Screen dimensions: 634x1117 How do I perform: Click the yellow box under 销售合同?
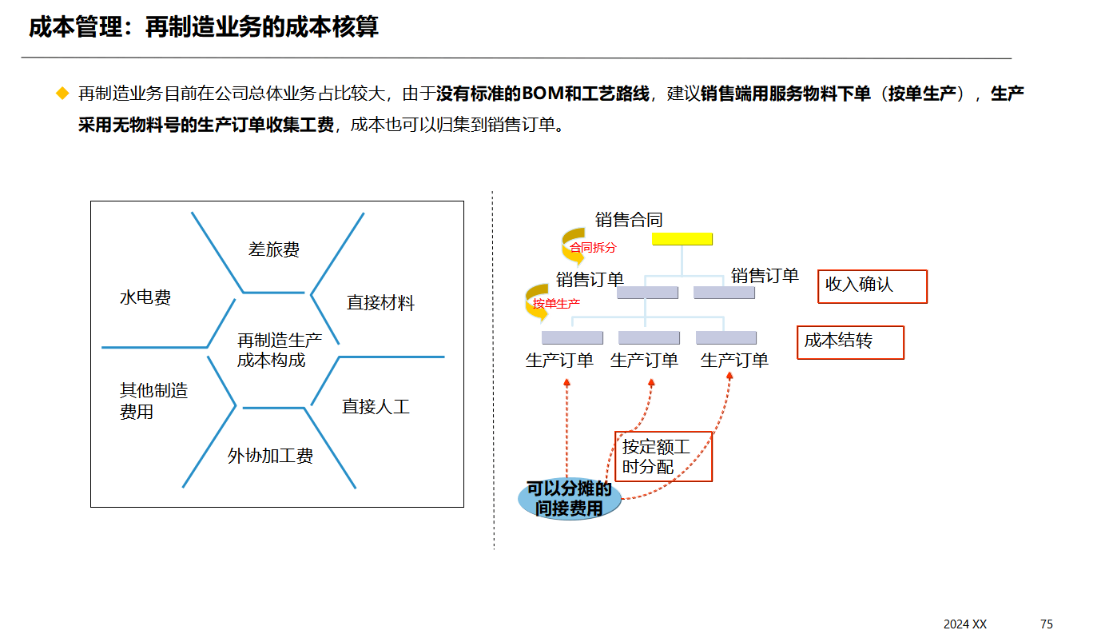682,239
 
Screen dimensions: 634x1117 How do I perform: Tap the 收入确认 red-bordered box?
872,286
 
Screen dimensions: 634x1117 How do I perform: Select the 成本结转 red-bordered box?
850,342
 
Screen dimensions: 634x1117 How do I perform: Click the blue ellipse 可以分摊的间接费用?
569,499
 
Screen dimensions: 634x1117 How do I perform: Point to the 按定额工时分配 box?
662,457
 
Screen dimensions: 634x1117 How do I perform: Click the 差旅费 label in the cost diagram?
273,250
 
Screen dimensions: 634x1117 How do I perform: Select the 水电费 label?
145,298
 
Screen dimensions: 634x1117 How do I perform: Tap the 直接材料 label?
380,303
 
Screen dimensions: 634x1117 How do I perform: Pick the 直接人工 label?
376,407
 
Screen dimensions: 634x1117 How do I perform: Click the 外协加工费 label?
270,457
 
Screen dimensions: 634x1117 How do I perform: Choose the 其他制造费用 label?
153,401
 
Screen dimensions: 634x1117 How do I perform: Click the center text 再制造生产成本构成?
279,350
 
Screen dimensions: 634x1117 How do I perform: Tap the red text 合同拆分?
593,248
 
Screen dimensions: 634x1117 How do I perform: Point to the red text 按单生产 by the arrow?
556,304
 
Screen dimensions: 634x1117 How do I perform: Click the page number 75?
1046,624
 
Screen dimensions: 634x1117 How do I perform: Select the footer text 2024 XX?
964,624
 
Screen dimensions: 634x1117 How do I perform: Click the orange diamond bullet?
62,94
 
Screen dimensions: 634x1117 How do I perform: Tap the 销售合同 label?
629,220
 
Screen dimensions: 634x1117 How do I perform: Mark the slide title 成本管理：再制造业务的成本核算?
204,27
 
